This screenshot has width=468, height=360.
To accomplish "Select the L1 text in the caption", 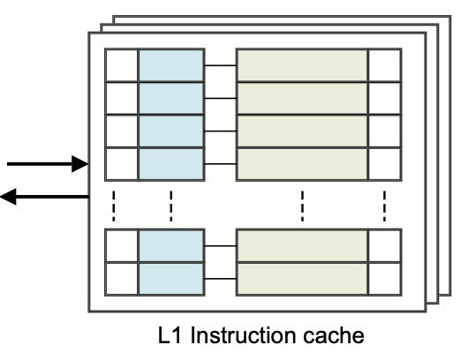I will point(171,337).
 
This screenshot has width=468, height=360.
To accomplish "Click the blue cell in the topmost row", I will point(171,64).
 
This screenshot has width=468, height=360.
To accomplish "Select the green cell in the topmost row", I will point(302,64).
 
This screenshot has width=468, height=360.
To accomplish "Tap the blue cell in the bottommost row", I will point(171,278).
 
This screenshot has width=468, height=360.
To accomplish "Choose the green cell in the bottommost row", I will point(302,278).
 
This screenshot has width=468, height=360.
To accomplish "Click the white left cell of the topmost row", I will point(122,64).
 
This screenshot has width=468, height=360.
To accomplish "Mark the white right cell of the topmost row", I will point(384,64).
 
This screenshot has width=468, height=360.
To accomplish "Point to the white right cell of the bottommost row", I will point(384,278).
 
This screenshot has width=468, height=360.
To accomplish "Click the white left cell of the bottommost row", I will point(122,278).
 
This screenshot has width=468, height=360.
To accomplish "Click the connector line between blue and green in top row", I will point(221,64).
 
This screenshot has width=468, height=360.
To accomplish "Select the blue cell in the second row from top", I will point(171,97).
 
